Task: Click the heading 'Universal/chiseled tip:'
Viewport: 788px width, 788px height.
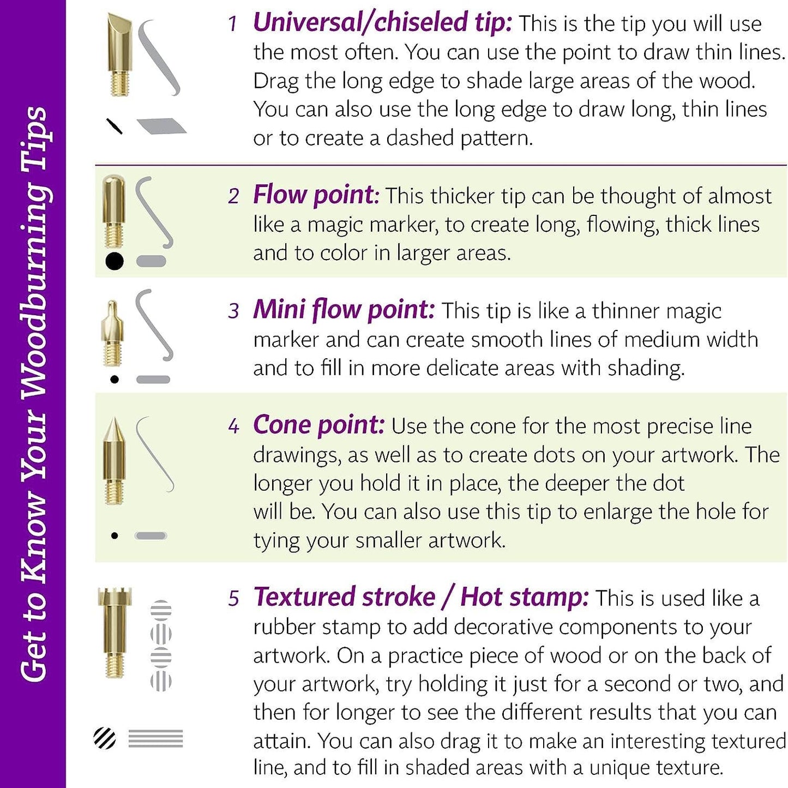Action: [382, 22]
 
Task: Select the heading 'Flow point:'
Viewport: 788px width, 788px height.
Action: [316, 195]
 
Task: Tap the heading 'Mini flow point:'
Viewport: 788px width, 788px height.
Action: [344, 310]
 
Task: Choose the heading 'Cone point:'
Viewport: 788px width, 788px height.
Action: [318, 425]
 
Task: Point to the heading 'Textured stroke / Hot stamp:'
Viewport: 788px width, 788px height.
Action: [421, 598]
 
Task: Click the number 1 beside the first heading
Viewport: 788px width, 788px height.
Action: [233, 23]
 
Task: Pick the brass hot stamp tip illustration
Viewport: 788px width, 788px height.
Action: [115, 634]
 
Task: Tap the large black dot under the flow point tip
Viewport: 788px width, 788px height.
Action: [115, 261]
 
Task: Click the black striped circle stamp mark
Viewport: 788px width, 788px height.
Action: [105, 738]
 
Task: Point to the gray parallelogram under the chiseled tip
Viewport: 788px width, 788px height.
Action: [161, 126]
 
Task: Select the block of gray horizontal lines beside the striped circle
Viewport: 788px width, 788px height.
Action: [156, 738]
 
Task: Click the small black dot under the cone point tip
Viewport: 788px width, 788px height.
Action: [115, 536]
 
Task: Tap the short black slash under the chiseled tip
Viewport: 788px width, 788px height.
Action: [115, 126]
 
